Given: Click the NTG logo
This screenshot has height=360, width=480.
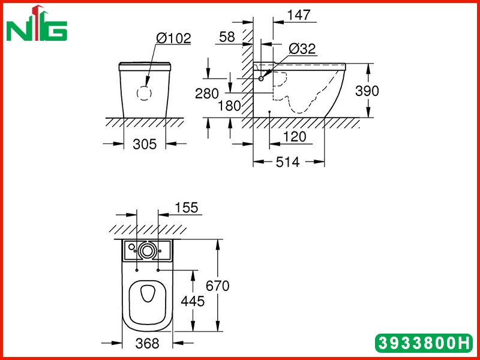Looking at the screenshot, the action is [x=37, y=23].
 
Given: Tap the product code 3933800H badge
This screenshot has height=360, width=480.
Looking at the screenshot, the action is [x=424, y=343].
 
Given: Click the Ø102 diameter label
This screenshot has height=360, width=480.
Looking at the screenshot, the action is [x=173, y=38].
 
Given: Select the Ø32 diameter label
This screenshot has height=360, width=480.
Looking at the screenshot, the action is [x=302, y=49].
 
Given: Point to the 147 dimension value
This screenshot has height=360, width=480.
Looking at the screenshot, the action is [x=299, y=15].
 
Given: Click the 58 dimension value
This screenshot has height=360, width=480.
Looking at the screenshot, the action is [x=227, y=37].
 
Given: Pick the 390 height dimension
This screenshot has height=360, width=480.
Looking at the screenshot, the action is [x=367, y=91].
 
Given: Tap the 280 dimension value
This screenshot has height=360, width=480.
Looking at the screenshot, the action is [x=207, y=94].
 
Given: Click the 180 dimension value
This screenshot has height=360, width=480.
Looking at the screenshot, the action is [x=229, y=106].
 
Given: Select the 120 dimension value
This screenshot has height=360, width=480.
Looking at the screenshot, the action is [x=295, y=137].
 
